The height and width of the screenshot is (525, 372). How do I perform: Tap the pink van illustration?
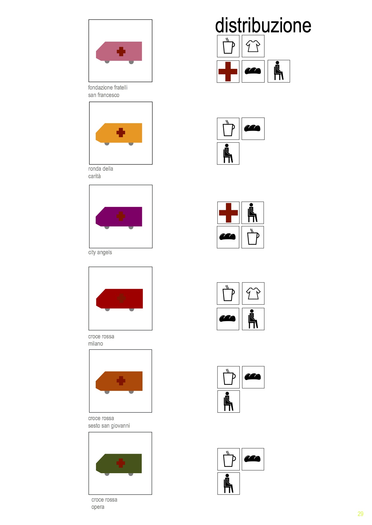click(119, 52)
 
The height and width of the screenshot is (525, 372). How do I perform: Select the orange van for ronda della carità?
click(119, 134)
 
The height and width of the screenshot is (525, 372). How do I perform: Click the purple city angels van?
click(119, 218)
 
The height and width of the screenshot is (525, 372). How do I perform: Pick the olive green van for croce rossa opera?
click(119, 465)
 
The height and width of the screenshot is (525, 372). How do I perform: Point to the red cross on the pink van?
click(121, 52)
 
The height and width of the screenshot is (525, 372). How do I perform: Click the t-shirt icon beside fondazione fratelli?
click(253, 46)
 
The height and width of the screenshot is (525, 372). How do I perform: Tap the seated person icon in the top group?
click(279, 71)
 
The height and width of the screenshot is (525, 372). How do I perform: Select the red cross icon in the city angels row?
click(228, 213)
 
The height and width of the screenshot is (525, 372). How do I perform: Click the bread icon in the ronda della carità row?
click(253, 128)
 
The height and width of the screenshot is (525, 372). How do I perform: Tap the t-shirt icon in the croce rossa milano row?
click(253, 293)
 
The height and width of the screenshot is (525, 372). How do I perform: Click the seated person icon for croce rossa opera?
click(228, 483)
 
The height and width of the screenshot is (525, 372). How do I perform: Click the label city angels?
click(100, 252)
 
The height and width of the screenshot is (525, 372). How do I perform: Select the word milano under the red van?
click(95, 344)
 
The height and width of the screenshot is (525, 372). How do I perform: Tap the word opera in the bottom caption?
click(98, 507)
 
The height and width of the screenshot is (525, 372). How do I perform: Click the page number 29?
click(360, 514)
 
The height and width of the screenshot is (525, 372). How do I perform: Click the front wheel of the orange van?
click(107, 144)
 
